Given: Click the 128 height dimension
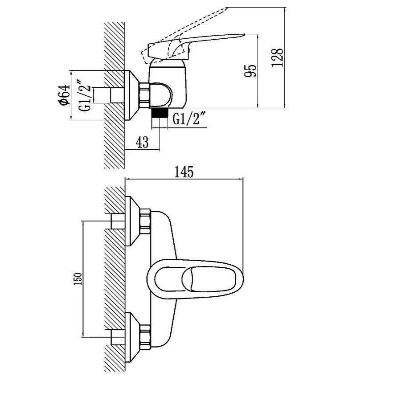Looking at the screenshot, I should [278, 57].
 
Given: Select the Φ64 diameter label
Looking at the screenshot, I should [64, 95].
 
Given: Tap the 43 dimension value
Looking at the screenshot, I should [142, 143].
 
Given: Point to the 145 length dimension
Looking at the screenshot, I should [184, 172].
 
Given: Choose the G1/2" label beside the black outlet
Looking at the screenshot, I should [189, 119].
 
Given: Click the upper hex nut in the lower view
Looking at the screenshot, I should [146, 221].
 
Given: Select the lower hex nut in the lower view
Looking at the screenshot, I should [146, 337].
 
